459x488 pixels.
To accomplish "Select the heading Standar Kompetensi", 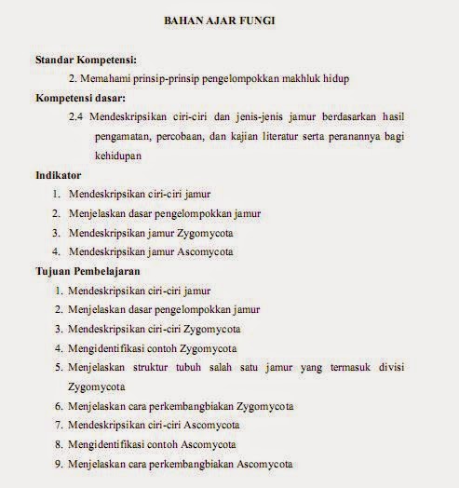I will point(86,59).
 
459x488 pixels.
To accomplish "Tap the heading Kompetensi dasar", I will point(81,97).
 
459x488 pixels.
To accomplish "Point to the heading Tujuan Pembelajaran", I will point(88,271).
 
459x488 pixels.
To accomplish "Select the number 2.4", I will point(76,116).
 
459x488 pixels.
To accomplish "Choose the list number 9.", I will point(57,465).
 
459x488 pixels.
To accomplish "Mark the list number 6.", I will point(57,406).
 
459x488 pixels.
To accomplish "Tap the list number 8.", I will point(57,445).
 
